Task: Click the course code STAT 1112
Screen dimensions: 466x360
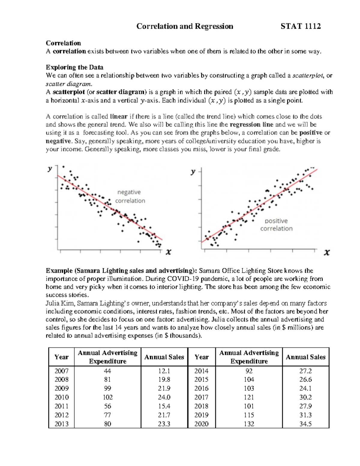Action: click(x=301, y=26)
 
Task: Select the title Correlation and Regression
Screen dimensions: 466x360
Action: click(x=184, y=26)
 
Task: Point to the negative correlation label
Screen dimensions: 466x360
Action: click(x=130, y=197)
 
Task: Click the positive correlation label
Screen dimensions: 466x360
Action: click(x=276, y=225)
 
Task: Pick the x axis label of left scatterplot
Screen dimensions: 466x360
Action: click(x=169, y=252)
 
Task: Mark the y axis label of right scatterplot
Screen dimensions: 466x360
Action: click(x=193, y=172)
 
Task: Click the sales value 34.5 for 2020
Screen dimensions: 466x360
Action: click(x=305, y=424)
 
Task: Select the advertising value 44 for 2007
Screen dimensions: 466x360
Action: click(x=107, y=371)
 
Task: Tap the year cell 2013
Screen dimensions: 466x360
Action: click(x=61, y=424)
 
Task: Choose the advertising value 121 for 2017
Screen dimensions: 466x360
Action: click(x=249, y=397)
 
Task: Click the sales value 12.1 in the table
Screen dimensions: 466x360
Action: click(x=164, y=371)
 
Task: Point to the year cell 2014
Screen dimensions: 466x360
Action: click(x=201, y=371)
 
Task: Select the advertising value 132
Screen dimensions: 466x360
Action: click(x=249, y=424)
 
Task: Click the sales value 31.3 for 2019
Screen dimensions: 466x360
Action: click(x=305, y=415)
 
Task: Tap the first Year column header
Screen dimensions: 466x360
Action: click(x=61, y=357)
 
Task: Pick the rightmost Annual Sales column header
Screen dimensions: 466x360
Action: click(x=305, y=357)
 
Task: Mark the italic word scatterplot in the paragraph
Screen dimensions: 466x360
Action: click(x=308, y=76)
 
